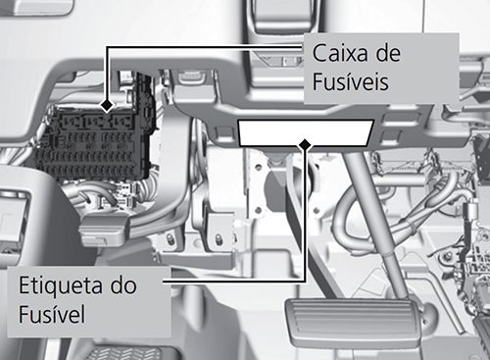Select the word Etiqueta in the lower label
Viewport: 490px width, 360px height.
coord(62,285)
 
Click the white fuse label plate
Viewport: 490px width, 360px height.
coord(306,130)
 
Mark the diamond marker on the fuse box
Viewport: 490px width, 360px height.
coord(107,103)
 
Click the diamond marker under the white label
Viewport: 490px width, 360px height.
coord(306,145)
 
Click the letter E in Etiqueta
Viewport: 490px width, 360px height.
coord(25,285)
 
